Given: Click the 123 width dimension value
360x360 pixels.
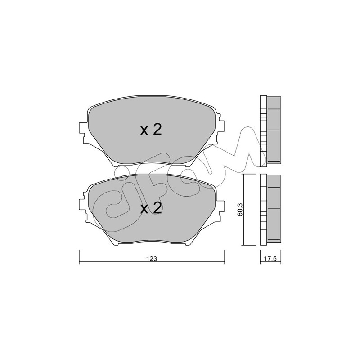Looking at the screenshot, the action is (152, 258).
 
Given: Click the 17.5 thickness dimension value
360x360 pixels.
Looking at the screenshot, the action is (270, 258).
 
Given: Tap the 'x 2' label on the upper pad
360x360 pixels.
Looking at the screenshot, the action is (151, 130).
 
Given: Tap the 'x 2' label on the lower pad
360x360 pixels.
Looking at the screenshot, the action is (151, 208).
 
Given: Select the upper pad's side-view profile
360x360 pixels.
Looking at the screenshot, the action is (270, 130).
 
